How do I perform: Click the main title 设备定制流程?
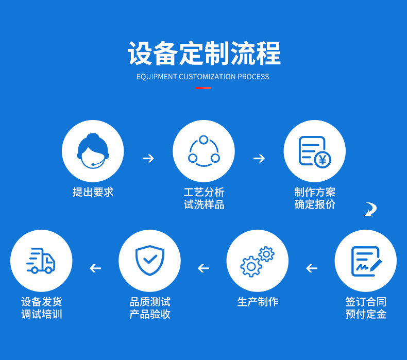[203, 53]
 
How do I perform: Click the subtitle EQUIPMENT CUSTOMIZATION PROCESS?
[203, 77]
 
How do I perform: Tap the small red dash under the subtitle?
[203, 88]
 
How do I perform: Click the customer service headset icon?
[93, 150]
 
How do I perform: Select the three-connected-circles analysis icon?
[203, 151]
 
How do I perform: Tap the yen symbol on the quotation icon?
[323, 160]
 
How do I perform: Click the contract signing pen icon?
[366, 261]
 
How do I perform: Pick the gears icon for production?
[257, 261]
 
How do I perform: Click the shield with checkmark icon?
[149, 261]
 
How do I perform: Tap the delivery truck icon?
[41, 261]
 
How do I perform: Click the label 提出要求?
[93, 192]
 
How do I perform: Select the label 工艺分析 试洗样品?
[203, 198]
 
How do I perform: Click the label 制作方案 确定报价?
[315, 198]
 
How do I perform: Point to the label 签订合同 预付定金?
[366, 308]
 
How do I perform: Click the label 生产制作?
[258, 302]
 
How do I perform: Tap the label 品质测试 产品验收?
[149, 308]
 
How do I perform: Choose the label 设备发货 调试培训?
[41, 308]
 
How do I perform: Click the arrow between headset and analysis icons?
[148, 158]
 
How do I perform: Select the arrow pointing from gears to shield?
[203, 268]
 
